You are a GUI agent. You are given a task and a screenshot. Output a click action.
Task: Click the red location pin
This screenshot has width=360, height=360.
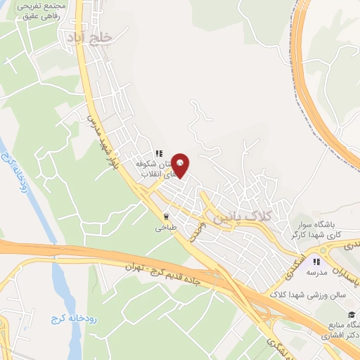point(181,165)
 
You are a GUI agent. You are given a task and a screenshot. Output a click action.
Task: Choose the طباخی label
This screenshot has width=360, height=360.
point(166,228)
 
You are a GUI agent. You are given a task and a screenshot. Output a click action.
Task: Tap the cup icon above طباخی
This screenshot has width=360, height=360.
point(167,217)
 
